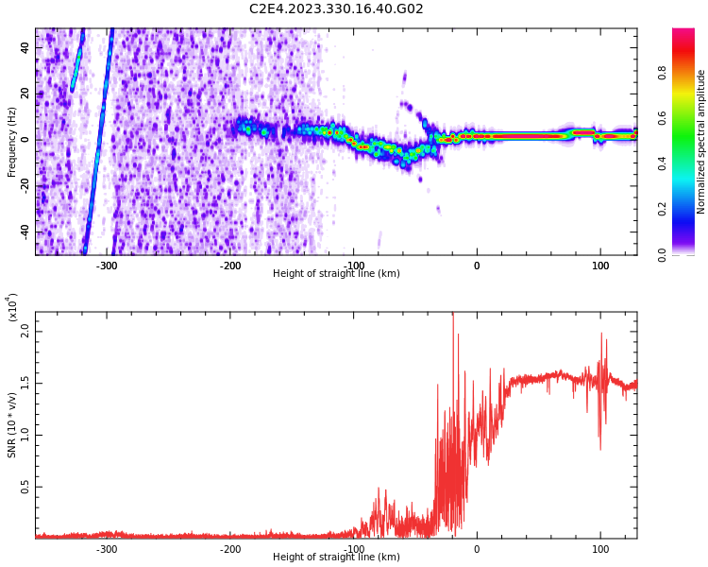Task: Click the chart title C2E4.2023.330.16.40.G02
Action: point(336,9)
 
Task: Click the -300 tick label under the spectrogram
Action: point(107,266)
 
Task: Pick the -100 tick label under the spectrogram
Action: point(353,266)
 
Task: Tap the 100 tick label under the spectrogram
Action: point(600,266)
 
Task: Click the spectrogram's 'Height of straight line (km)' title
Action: point(336,274)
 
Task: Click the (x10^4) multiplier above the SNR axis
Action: point(12,307)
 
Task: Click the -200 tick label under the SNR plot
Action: point(230,549)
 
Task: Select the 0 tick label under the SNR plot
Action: point(477,549)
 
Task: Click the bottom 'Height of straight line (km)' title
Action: point(336,558)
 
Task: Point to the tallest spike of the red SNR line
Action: point(453,315)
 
